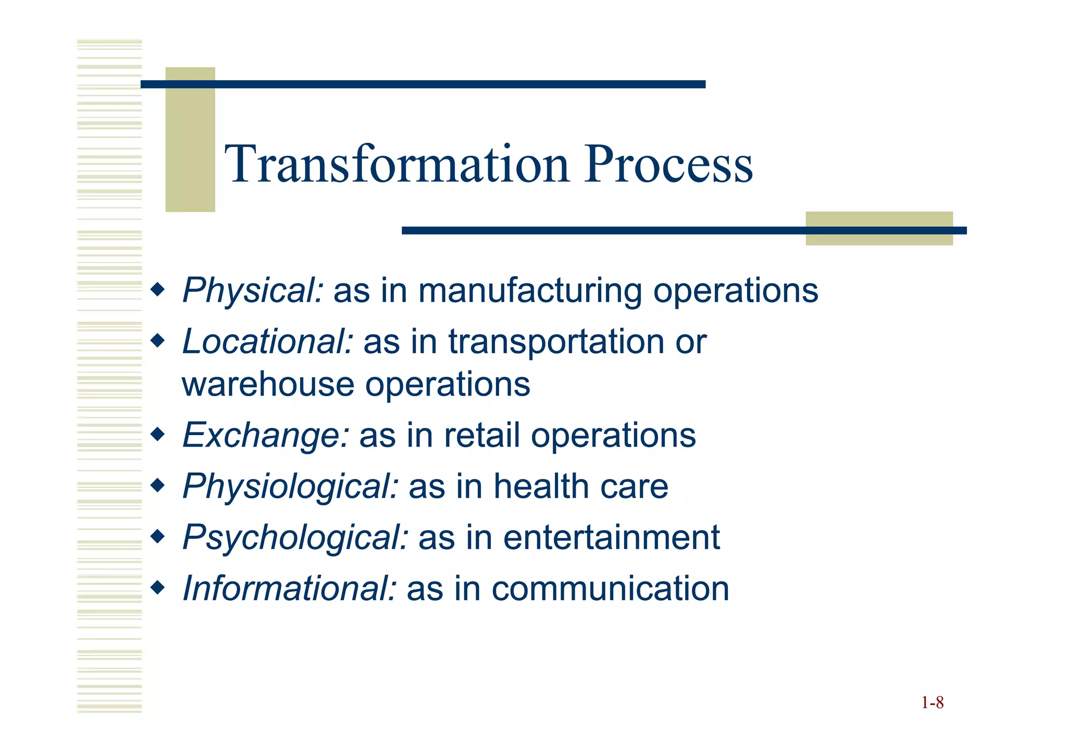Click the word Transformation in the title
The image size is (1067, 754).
point(397,165)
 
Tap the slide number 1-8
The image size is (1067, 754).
point(932,703)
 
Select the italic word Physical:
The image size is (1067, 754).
point(253,291)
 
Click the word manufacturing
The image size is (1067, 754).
point(530,291)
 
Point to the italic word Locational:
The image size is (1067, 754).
point(268,342)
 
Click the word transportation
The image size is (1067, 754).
point(556,342)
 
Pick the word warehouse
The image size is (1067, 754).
point(268,385)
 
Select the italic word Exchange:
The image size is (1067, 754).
point(266,436)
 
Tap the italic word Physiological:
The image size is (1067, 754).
point(290,487)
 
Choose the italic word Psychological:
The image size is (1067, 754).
point(295,538)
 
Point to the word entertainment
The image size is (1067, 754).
point(611,538)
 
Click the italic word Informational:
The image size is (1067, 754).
point(290,589)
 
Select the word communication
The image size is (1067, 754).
point(610,589)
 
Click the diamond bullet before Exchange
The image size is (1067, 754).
point(157,434)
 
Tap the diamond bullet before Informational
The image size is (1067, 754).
point(157,587)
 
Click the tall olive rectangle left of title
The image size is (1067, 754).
point(190,140)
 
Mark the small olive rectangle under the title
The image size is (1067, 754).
point(879,229)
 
